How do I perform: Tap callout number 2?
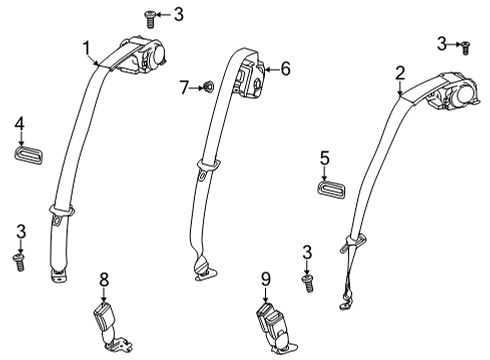[x=400, y=72]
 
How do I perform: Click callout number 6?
[x=285, y=69]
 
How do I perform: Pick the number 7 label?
[x=183, y=88]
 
